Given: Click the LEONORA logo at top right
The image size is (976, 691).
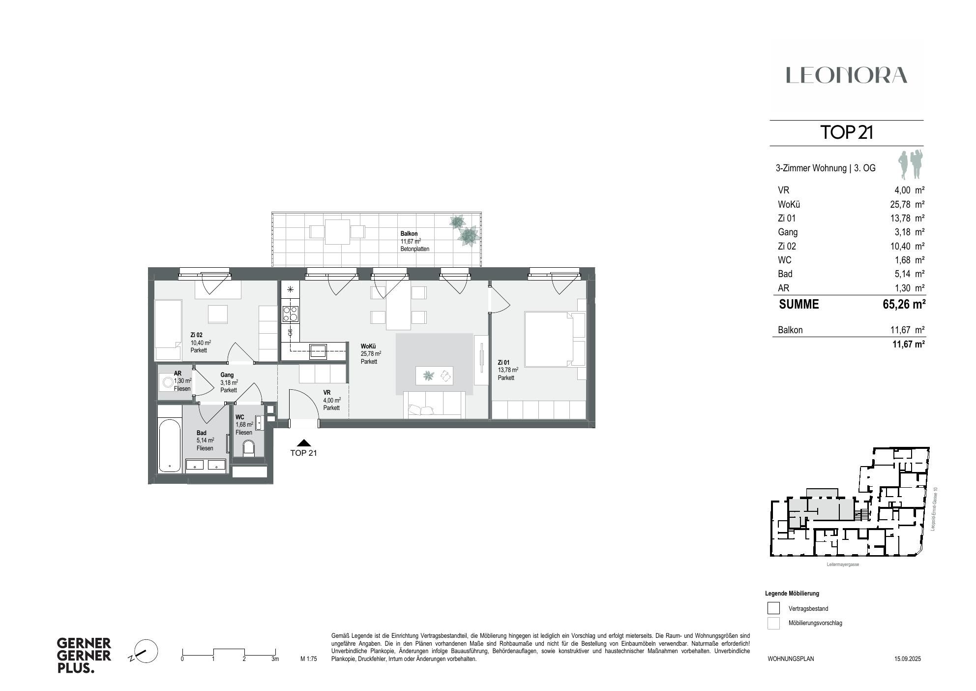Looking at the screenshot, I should [846, 75].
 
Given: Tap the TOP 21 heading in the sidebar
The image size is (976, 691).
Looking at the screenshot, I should [846, 132].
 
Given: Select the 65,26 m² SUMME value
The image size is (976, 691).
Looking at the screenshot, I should [904, 304].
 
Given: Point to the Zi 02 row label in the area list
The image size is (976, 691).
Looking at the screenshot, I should [787, 246].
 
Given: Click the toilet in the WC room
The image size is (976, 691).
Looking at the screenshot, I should [249, 448].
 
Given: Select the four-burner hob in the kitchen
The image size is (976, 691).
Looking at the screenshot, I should [290, 314].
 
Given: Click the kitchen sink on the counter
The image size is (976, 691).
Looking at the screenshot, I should [318, 351].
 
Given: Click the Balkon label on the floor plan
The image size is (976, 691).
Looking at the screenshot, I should [409, 234].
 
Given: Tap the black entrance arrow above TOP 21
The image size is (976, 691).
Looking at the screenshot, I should [304, 443].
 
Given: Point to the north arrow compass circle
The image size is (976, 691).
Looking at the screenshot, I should [146, 651].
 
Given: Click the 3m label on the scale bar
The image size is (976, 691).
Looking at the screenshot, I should [275, 659].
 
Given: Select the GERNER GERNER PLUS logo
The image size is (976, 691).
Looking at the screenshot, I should [84, 656].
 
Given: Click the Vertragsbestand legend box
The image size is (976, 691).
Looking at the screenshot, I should [773, 608].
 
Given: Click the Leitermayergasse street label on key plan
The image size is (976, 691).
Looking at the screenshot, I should [843, 565].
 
